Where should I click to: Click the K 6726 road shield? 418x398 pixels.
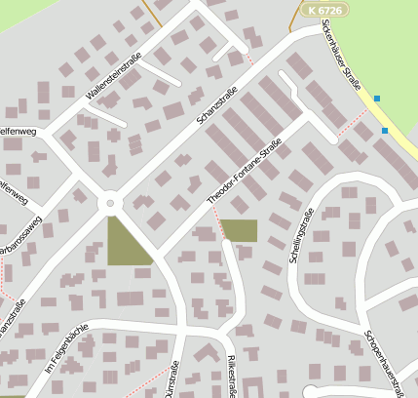(323, 9)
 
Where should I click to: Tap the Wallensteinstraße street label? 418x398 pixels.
(114, 76)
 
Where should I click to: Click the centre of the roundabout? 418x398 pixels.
(109, 203)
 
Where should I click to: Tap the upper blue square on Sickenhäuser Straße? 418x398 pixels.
(377, 98)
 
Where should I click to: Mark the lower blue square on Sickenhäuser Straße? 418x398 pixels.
(385, 130)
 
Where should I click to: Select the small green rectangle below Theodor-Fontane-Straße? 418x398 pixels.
(240, 230)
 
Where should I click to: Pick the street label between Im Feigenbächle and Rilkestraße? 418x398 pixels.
(174, 378)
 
